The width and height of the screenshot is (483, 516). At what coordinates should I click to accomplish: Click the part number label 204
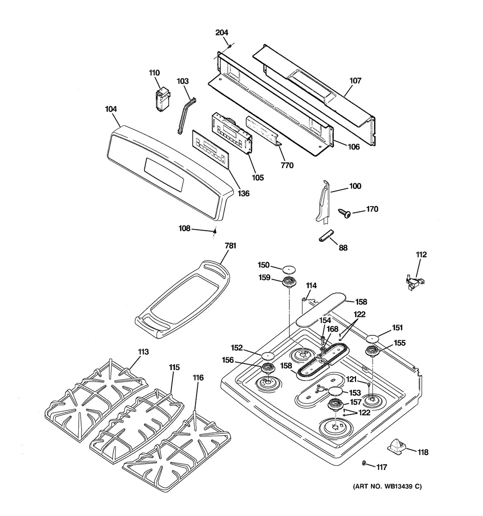coord(222,32)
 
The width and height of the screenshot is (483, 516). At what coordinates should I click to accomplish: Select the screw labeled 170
coord(345,213)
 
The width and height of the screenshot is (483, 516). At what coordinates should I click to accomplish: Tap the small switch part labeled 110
coord(163,100)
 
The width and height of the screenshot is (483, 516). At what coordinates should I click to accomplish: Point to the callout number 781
coord(230,246)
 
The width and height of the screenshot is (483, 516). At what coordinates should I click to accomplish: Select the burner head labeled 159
coord(289,283)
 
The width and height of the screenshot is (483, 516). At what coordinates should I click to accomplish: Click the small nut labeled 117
coord(364,463)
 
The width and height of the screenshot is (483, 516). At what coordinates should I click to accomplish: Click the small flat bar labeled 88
coord(326,236)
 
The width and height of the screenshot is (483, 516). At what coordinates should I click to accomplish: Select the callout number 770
coord(287,165)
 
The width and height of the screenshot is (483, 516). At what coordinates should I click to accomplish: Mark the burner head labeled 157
coord(336,404)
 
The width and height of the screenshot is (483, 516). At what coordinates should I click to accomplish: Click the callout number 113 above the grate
coord(143,352)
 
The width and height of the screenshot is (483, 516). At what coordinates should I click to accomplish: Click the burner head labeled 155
coord(373,352)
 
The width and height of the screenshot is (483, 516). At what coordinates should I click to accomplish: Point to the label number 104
coord(111,109)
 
